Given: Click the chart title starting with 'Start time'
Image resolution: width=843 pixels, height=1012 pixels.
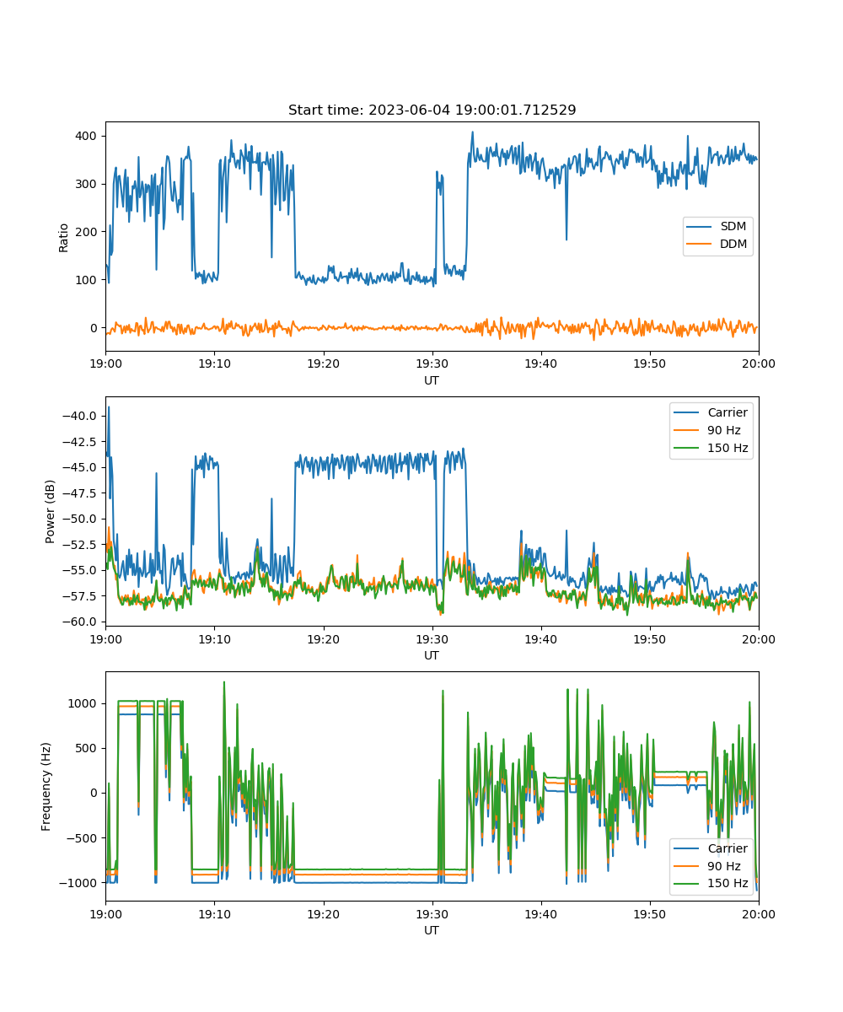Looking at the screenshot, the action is [432, 110].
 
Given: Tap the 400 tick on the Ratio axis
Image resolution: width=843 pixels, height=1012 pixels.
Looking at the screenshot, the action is [86, 136].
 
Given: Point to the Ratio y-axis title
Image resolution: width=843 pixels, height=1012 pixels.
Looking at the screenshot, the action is [63, 238].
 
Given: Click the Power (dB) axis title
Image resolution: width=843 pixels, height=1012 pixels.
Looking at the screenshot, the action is [50, 511].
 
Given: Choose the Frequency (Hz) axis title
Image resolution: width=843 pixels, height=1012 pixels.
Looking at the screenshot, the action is [46, 786].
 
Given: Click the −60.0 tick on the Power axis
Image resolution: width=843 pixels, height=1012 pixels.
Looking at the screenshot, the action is [79, 622].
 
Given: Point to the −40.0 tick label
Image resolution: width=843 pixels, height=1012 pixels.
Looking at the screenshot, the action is [79, 416].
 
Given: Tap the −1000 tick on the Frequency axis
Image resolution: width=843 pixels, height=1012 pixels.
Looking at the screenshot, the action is [78, 883].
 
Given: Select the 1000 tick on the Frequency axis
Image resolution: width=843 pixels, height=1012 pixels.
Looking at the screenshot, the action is [83, 703].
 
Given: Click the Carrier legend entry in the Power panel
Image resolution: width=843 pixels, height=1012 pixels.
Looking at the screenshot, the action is [711, 412].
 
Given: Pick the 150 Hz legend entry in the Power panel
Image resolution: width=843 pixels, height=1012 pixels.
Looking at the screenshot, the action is [711, 448].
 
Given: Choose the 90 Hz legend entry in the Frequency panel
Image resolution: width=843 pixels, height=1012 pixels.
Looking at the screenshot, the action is [706, 865].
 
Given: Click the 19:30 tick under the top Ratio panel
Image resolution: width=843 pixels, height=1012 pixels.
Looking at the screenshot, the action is [432, 363].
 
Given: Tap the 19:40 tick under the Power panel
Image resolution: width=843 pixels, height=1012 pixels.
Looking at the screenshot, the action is [540, 639].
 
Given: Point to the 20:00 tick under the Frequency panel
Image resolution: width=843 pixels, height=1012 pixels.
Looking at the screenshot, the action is [758, 914].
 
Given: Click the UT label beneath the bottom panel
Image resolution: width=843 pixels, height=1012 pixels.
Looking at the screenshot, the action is [432, 930].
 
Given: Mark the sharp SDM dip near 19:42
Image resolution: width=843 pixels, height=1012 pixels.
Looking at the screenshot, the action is [566, 239].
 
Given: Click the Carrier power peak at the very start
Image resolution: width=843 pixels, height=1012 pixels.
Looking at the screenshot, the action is [109, 407].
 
